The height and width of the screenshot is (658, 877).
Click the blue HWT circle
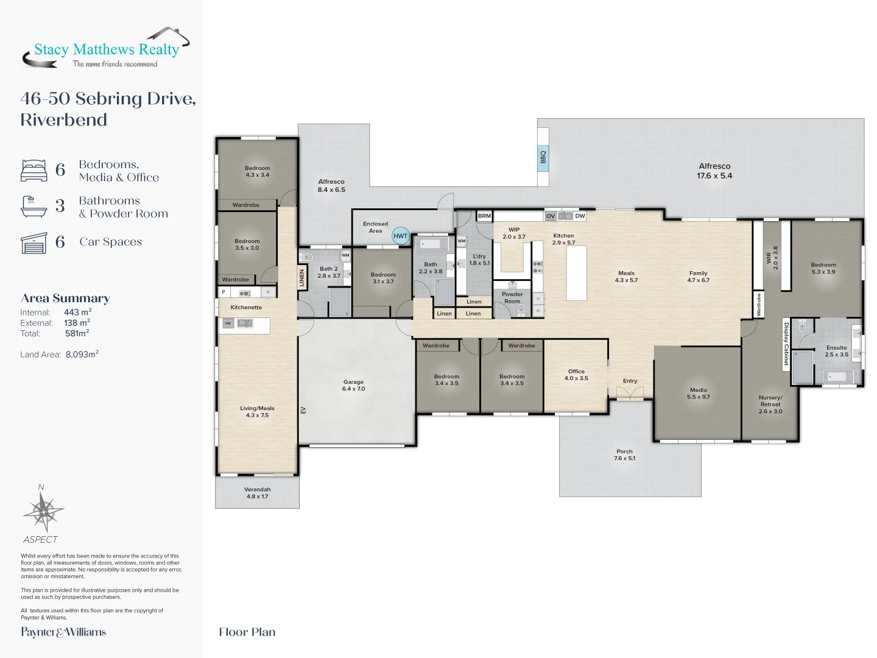pyautogui.click(x=400, y=236)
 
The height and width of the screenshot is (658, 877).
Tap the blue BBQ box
pyautogui.click(x=543, y=157)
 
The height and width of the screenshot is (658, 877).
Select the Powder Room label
pyautogui.click(x=512, y=298)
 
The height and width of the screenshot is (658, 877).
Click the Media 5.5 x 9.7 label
pyautogui.click(x=698, y=394)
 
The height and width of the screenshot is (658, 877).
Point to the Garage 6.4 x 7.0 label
pyautogui.click(x=353, y=385)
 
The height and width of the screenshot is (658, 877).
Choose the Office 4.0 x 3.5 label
pyautogui.click(x=576, y=375)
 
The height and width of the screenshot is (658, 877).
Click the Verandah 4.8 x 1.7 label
pyautogui.click(x=257, y=493)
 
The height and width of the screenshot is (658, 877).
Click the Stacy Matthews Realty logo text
pyautogui.click(x=107, y=49)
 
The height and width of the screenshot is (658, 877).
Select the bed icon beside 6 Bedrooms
pyautogui.click(x=34, y=171)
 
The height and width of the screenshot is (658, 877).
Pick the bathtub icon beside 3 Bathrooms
pyautogui.click(x=34, y=207)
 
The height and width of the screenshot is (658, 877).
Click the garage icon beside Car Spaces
pyautogui.click(x=34, y=243)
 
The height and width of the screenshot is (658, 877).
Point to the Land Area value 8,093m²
pyautogui.click(x=82, y=355)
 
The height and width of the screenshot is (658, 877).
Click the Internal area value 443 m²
pyautogui.click(x=78, y=312)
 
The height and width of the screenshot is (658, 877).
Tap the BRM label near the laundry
pyautogui.click(x=484, y=216)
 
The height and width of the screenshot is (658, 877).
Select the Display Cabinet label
pyautogui.click(x=786, y=344)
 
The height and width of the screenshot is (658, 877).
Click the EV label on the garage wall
pyautogui.click(x=303, y=410)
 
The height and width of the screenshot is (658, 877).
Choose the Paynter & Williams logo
pyautogui.click(x=63, y=632)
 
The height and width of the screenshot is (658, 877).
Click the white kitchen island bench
pyautogui.click(x=577, y=273)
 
